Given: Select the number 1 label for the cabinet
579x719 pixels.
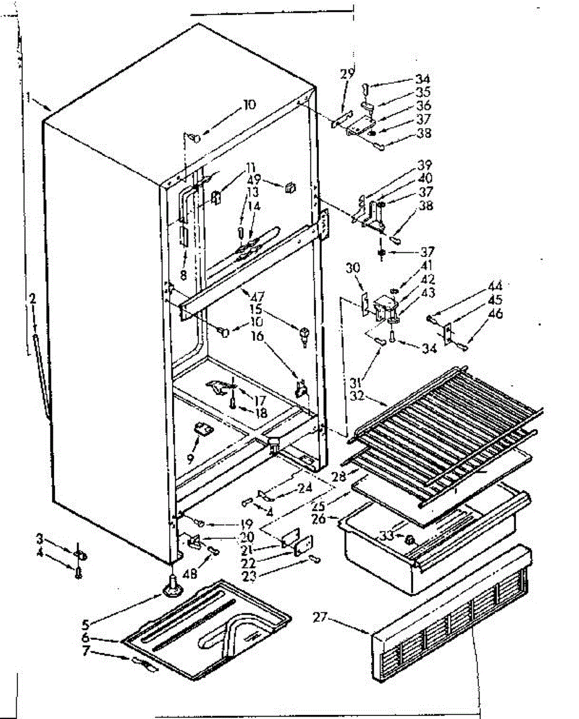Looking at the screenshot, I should point(28,97).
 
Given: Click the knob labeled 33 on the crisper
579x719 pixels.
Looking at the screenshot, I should point(410,539).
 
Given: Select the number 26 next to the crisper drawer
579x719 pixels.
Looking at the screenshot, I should point(319,518).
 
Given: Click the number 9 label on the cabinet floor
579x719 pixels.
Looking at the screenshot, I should point(190,459).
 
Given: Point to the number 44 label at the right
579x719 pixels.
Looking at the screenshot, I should point(494,286).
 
